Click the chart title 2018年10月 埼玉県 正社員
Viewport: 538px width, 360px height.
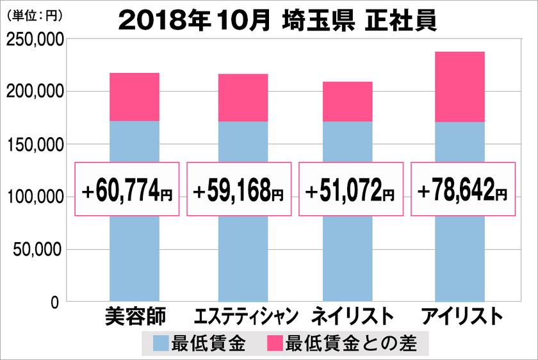tap(278, 20)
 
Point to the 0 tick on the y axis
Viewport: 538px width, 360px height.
tap(55, 302)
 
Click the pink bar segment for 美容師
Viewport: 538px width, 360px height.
tap(134, 97)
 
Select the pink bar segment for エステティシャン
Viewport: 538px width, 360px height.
tap(243, 97)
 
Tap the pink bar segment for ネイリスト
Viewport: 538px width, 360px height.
tap(347, 101)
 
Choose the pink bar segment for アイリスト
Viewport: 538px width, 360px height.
tap(459, 86)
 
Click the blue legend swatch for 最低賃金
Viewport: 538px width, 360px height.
tap(160, 344)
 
